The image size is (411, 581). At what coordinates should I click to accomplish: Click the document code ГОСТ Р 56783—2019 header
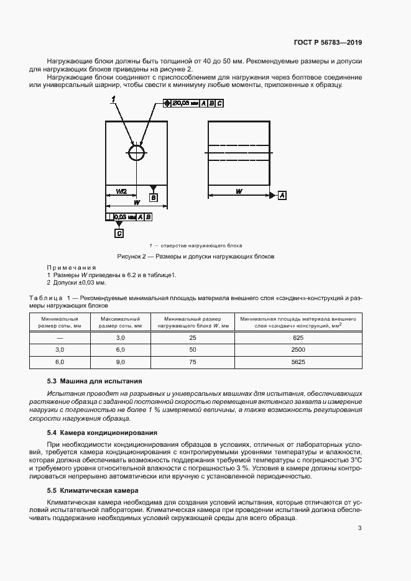[x=327, y=43]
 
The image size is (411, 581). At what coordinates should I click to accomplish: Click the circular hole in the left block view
[x=137, y=153]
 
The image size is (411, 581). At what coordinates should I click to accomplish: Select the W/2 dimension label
[x=121, y=190]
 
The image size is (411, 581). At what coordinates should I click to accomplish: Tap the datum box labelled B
[x=153, y=198]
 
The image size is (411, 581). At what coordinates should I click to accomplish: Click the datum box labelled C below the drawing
[x=119, y=233]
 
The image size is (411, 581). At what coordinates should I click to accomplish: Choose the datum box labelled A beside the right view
[x=282, y=195]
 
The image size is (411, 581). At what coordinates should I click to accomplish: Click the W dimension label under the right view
[x=239, y=191]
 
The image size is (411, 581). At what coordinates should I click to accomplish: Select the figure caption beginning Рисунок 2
[x=196, y=256]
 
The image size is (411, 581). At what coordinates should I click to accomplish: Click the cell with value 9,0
[x=121, y=361]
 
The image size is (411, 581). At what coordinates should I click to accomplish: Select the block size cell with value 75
[x=193, y=361]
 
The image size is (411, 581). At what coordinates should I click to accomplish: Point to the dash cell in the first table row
[x=60, y=337]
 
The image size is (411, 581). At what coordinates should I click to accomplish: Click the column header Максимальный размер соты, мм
[x=121, y=321]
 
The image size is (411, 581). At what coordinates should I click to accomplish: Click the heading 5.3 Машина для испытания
[x=95, y=381]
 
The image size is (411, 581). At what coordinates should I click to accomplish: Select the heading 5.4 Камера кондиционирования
[x=102, y=432]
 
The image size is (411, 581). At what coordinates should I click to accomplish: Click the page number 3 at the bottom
[x=360, y=528]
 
